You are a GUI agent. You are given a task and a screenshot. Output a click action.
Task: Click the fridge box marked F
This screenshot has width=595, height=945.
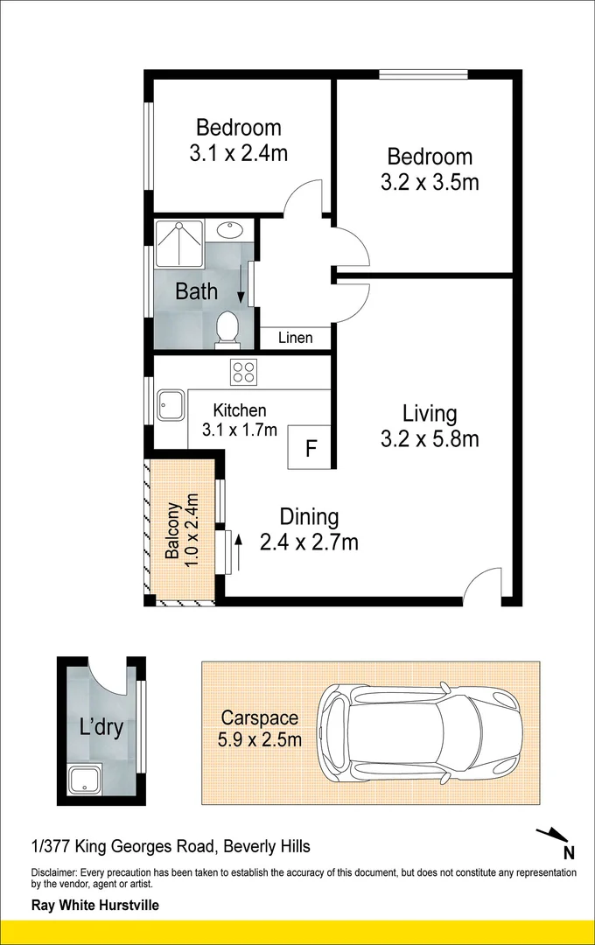[310, 449]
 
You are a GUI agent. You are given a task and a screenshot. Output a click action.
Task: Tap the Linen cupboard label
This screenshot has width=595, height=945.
[295, 338]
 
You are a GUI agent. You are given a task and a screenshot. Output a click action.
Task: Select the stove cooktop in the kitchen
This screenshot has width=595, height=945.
[243, 372]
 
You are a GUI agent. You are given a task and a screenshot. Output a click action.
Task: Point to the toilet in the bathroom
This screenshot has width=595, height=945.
[227, 328]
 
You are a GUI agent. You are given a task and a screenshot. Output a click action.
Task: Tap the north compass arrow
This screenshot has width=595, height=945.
[553, 838]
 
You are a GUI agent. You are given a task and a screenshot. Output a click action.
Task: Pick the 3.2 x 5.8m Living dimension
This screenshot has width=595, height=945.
[430, 439]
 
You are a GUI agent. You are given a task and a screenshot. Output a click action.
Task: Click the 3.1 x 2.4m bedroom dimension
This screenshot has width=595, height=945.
[238, 154]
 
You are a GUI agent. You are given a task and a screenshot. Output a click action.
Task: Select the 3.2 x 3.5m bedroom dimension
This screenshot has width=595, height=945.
[430, 183]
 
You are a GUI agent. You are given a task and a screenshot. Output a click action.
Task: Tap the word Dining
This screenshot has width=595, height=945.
[309, 516]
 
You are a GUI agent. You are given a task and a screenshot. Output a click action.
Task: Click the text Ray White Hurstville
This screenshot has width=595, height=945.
[95, 906]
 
